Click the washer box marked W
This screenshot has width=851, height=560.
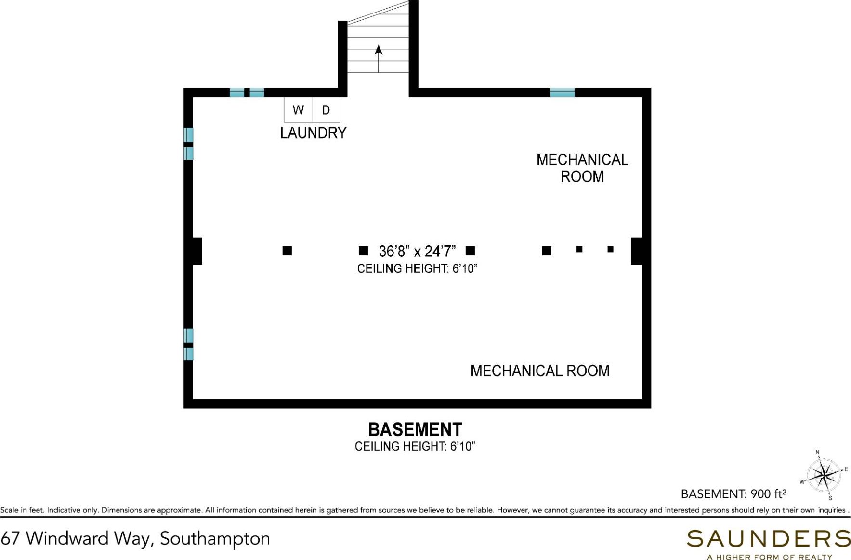point(298,110)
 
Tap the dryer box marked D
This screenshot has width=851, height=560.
point(326,110)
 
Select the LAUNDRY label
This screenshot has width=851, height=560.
point(313,133)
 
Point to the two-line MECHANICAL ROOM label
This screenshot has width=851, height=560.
point(582,168)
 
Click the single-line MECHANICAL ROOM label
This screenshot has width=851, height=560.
point(539,371)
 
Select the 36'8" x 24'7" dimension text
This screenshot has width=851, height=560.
point(417,251)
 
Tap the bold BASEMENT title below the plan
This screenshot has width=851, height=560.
point(415,429)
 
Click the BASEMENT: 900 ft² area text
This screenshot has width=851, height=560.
point(733,494)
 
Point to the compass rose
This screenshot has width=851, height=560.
point(824,475)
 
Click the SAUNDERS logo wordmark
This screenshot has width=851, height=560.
point(768,538)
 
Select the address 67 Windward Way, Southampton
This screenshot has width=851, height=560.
point(135,538)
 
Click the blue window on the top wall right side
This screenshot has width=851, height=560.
point(562,93)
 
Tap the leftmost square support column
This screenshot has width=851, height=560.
point(287,251)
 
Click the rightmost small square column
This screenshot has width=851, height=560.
point(610,249)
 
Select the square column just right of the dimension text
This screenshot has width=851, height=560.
point(471,251)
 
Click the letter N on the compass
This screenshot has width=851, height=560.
point(817,453)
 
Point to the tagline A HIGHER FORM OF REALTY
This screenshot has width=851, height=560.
point(769,557)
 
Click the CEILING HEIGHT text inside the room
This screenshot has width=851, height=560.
point(417,268)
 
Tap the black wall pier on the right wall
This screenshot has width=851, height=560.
point(636,251)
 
